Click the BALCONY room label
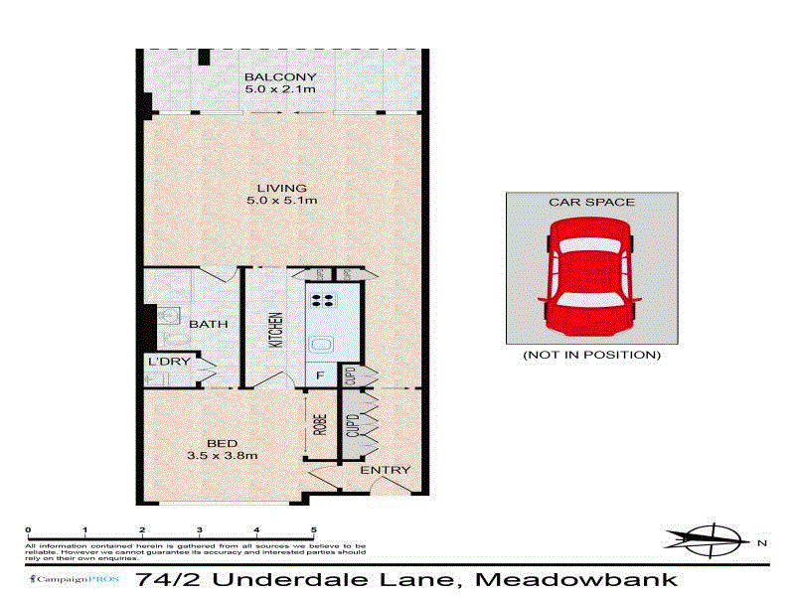tap(281, 76)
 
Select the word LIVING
tap(281, 188)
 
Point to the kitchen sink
tap(323, 345)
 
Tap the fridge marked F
tap(319, 375)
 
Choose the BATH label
tap(209, 324)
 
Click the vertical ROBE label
tap(320, 425)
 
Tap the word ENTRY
tap(385, 470)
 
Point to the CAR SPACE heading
tap(591, 202)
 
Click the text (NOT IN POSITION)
tap(591, 355)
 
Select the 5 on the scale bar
tap(314, 530)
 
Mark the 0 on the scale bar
tap(28, 530)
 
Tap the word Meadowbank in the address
tap(576, 579)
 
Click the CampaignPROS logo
tap(68, 579)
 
